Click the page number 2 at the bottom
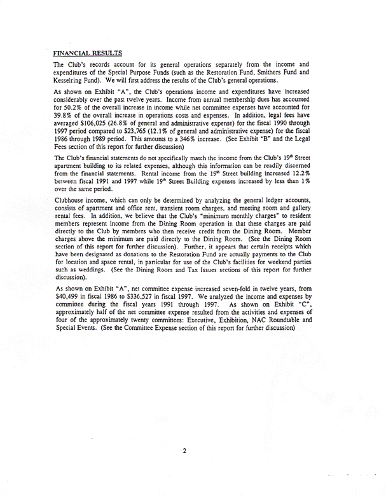[x=184, y=451]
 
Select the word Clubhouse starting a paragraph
[x=71, y=214]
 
